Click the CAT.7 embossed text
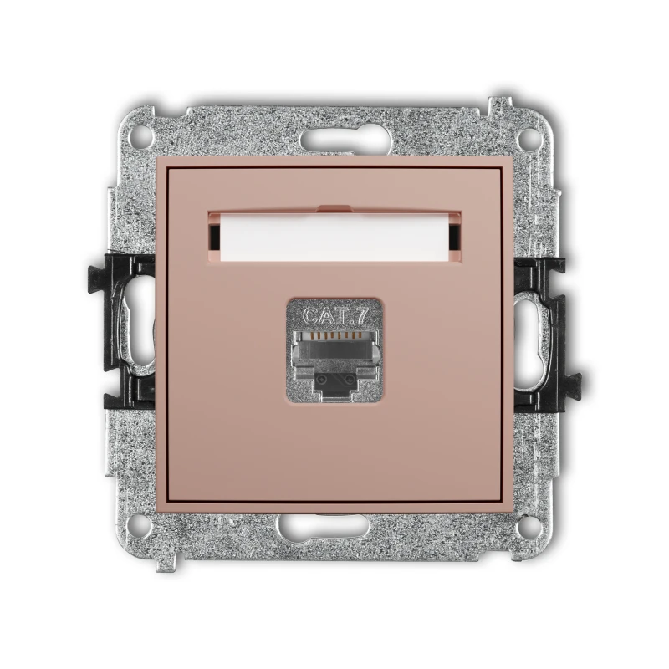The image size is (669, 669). point(335,316)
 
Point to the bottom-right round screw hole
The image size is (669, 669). point(529,525)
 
